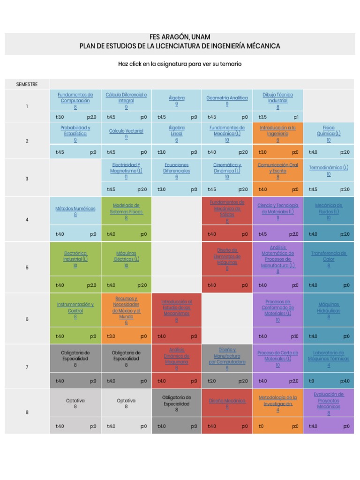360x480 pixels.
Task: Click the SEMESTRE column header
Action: pos(27,84)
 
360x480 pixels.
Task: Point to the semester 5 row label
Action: pos(27,268)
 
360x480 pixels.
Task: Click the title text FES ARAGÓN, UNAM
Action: pos(180,37)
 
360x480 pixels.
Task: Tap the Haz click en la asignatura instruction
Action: pos(180,64)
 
